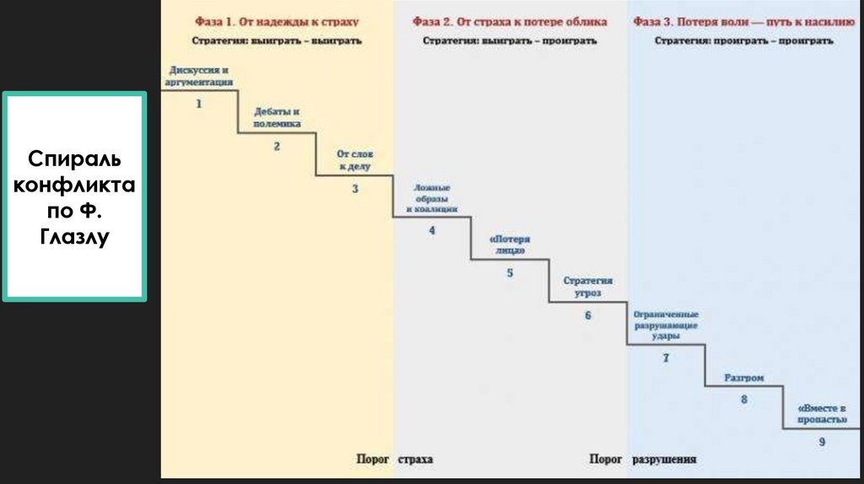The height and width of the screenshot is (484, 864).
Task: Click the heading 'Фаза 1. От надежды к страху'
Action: (277, 22)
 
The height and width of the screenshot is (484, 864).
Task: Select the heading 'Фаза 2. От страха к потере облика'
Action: (510, 22)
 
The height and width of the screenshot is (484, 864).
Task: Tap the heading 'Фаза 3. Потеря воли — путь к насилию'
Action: (744, 22)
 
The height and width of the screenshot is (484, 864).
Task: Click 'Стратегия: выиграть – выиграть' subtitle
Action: (277, 40)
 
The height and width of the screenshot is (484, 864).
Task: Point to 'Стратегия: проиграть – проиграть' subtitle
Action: (744, 40)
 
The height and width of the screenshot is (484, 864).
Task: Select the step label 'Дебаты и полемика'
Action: (277, 117)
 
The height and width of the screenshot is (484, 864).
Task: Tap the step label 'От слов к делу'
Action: (354, 160)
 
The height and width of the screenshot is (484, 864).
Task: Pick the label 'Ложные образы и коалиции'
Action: (431, 197)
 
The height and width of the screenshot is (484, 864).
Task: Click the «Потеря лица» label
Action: (510, 245)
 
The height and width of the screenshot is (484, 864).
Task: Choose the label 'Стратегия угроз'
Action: (588, 286)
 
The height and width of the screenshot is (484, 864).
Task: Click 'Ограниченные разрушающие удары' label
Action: (666, 325)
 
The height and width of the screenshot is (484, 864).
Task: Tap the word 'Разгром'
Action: (743, 379)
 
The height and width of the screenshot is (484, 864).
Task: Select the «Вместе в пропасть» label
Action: (821, 413)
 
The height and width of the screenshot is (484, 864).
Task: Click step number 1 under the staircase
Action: (199, 104)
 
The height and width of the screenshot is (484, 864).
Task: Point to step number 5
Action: (510, 272)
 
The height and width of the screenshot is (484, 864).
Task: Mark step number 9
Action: (822, 442)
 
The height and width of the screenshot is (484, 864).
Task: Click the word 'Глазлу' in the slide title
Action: (74, 238)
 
